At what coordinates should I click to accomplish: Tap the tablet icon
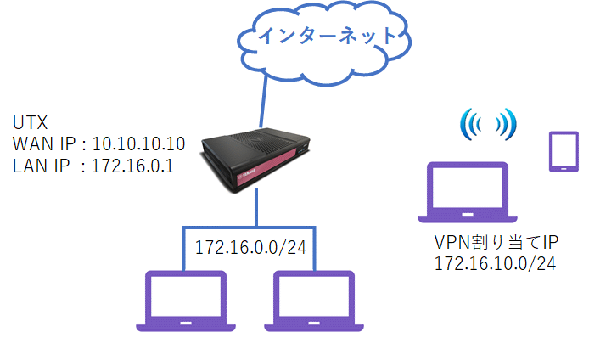[x=561, y=152]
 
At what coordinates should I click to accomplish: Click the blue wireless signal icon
[x=487, y=125]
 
